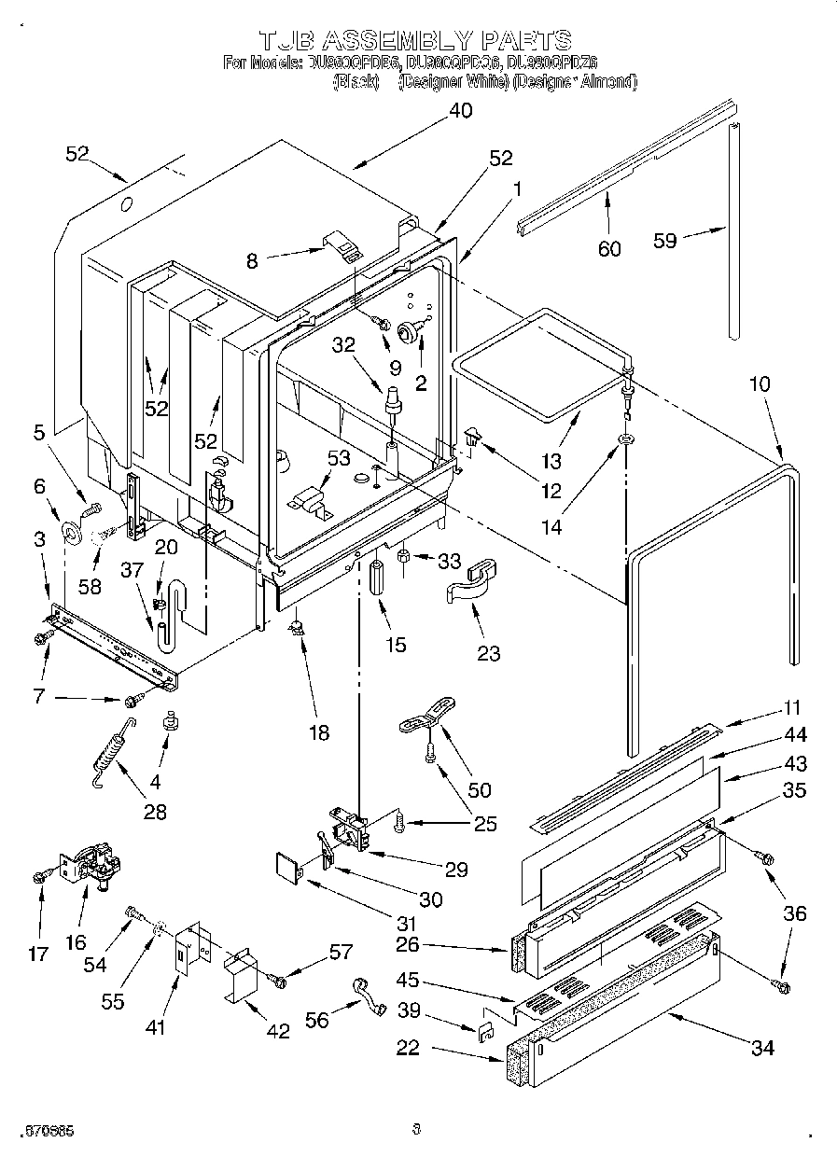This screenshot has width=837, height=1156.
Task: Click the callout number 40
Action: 460,111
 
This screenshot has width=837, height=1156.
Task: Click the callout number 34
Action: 762,1048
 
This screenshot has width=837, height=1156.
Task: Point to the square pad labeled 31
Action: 288,868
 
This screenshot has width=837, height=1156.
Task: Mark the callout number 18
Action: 319,732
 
